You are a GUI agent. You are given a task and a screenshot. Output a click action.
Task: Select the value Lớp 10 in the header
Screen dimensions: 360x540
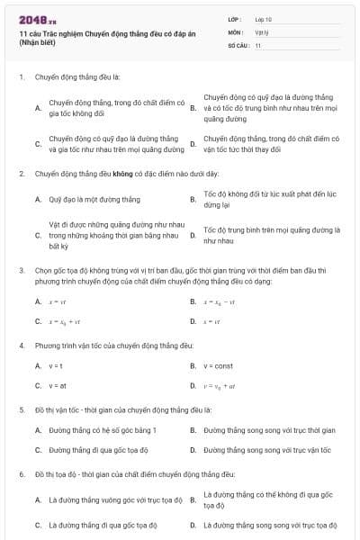tap(264, 18)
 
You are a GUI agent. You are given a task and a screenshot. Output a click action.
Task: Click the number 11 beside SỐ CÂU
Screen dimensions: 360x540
tap(258, 44)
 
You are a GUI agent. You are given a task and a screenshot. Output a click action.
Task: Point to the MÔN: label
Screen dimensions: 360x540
tap(235, 31)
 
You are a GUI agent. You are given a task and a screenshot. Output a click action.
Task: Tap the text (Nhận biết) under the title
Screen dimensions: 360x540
tap(38, 43)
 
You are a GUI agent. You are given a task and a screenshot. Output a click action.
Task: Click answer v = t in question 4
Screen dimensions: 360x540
tap(57, 366)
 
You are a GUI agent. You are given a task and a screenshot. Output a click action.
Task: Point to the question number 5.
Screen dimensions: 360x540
tap(21, 409)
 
